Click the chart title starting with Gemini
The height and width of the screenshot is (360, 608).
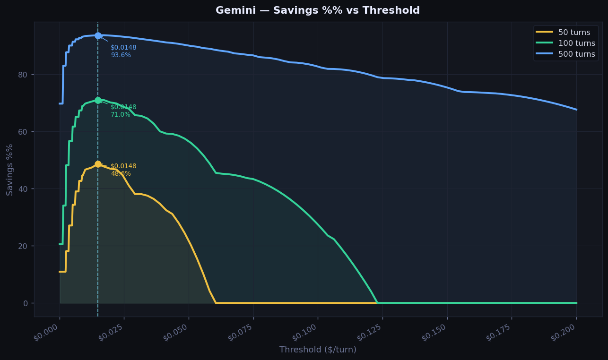point(318,10)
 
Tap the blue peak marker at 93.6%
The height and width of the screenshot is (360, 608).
point(98,35)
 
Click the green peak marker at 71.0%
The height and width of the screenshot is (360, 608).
point(98,100)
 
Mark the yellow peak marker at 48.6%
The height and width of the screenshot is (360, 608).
point(98,164)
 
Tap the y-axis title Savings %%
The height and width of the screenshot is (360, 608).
point(10,169)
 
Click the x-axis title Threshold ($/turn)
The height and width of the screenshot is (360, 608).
point(318,350)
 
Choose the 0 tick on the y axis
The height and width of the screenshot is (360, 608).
point(26,303)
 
